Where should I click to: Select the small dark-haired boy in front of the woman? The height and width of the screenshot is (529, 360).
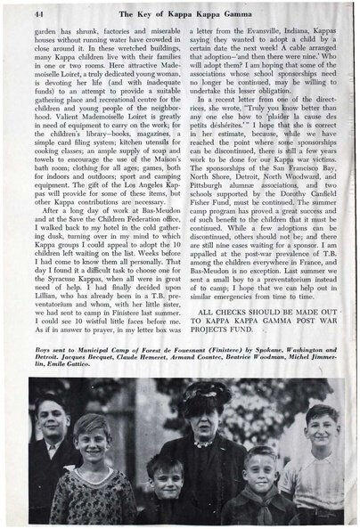164,485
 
